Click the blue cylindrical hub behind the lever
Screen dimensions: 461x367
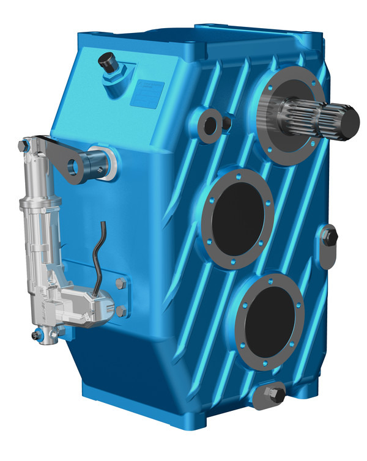[98, 160]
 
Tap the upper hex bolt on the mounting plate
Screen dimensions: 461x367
[120, 283]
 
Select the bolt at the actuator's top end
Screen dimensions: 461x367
[24, 146]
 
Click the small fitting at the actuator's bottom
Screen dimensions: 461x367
[38, 334]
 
